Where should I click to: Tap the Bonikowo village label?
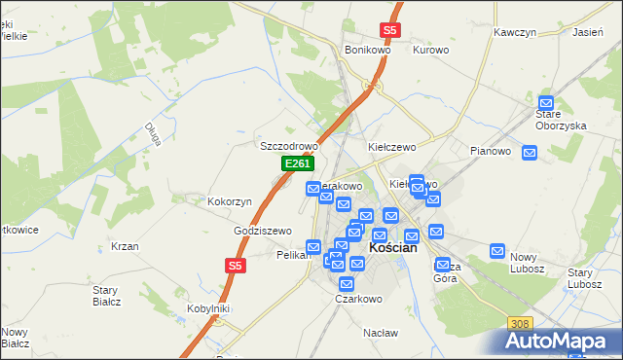(x=367, y=50)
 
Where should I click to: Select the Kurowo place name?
(x=430, y=50)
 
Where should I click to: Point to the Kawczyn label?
(x=515, y=32)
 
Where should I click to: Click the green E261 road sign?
(x=297, y=164)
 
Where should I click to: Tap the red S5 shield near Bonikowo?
(x=389, y=30)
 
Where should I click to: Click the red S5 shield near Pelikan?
(x=235, y=265)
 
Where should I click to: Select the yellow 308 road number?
(x=521, y=322)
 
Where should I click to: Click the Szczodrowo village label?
(x=289, y=146)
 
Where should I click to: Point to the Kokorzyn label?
(x=230, y=201)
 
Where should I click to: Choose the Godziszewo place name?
(x=263, y=231)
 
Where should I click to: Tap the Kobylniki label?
(x=208, y=308)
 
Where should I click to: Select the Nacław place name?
(x=381, y=333)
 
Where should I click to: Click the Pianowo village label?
(x=491, y=151)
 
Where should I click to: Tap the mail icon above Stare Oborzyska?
(x=546, y=102)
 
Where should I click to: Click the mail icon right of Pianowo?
(x=530, y=152)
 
